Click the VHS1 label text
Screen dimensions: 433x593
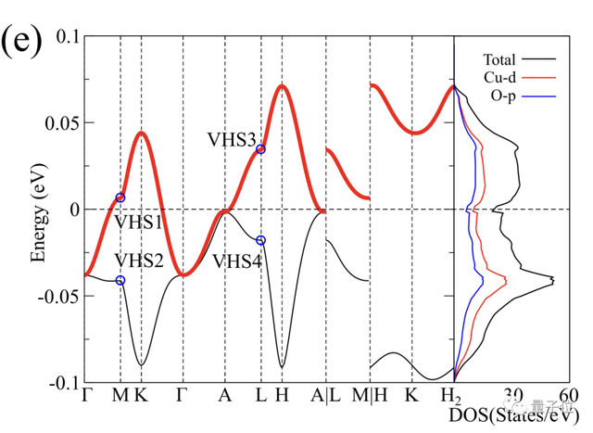[138, 223]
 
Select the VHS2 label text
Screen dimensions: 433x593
[138, 261]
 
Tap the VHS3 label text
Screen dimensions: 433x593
[232, 140]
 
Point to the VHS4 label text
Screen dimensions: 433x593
[236, 261]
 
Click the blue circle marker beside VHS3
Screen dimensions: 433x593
[260, 149]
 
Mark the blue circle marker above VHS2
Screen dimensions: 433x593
[120, 281]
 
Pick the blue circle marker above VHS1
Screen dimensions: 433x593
[120, 197]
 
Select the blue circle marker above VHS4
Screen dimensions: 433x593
[260, 240]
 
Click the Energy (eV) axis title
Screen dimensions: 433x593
[38, 210]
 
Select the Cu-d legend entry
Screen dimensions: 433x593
[500, 76]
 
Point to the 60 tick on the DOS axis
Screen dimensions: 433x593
[570, 394]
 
